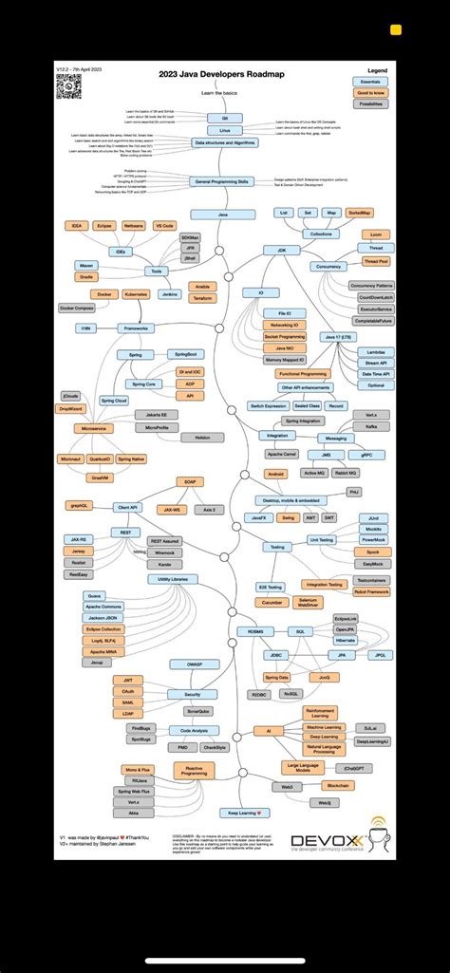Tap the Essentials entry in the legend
coord(370,83)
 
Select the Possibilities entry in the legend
coord(370,103)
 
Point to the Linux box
coord(225,130)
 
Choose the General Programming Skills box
coord(223,181)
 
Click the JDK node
coord(282,250)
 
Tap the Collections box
coord(321,233)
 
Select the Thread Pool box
coord(376,261)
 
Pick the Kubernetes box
coord(136,294)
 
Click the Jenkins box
coord(170,294)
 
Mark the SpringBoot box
coord(185,354)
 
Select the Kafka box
coord(371,427)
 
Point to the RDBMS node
coord(255,631)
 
